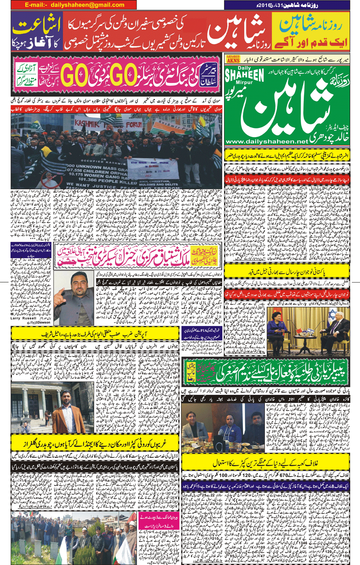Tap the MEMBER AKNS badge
pyautogui.click(x=233, y=59)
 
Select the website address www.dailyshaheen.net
pyautogui.click(x=266, y=142)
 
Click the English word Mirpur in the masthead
pyautogui.click(x=244, y=82)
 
